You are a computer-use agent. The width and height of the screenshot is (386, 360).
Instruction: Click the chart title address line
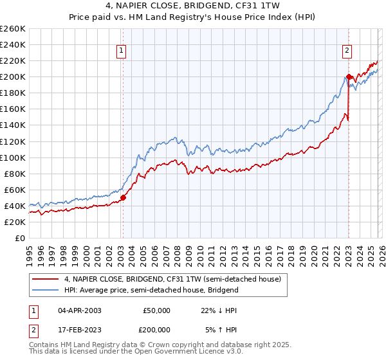coord(193,7)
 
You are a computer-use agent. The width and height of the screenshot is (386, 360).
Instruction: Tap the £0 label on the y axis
coord(19,238)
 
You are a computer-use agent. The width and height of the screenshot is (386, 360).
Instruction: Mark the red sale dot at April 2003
coord(123,197)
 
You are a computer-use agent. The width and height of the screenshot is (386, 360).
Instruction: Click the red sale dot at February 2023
coord(349,77)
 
